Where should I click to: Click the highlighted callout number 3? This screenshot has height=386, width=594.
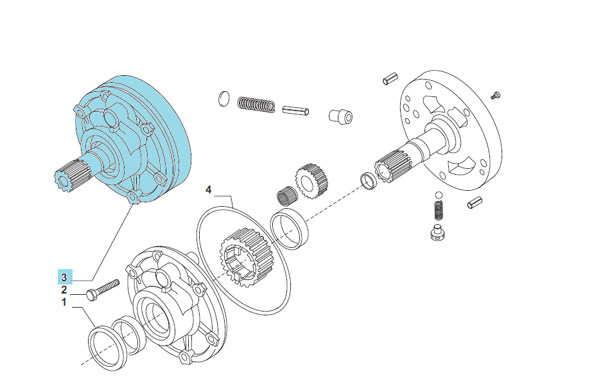tap(64, 277)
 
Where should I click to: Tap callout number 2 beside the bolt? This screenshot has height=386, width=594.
tap(64, 290)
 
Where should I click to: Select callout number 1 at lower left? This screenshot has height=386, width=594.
tap(64, 303)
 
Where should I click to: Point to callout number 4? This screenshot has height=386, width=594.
tap(208, 189)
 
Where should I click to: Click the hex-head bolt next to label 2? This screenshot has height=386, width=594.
tap(103, 290)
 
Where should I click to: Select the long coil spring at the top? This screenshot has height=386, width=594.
tap(256, 105)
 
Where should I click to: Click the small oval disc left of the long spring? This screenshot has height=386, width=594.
tap(224, 99)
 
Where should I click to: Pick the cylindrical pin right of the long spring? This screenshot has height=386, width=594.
tap(295, 110)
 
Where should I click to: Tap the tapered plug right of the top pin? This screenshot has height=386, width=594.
tap(340, 116)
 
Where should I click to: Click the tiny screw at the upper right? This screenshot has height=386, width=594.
tap(496, 95)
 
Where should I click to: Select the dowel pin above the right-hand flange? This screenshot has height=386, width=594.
tap(390, 78)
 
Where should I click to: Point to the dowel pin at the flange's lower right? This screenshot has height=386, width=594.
tap(475, 203)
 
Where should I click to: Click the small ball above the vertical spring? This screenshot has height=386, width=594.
tap(439, 195)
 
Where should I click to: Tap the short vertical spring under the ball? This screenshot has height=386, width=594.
tap(439, 210)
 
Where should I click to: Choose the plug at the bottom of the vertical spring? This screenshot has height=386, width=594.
tap(439, 232)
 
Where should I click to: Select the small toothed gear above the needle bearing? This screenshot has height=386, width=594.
tap(311, 182)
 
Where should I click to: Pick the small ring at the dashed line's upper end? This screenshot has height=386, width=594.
tap(369, 180)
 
